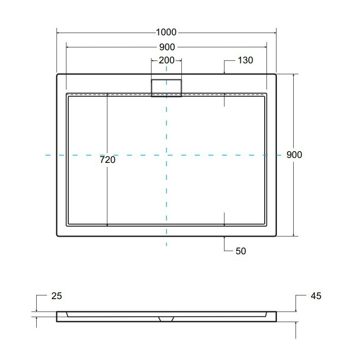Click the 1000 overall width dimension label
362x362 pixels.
[166, 33]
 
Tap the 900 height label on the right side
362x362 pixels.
[294, 155]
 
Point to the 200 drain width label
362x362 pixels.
[167, 60]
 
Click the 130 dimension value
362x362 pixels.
[245, 61]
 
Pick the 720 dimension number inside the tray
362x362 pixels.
[108, 160]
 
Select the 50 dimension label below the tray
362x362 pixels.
[241, 251]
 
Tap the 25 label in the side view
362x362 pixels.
[57, 296]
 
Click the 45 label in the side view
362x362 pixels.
[316, 296]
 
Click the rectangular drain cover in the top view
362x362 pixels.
[166, 87]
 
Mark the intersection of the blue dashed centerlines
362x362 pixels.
[167, 155]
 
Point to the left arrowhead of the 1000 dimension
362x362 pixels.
[58, 33]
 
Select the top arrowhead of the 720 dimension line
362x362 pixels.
[107, 95]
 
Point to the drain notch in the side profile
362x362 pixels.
[166, 318]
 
